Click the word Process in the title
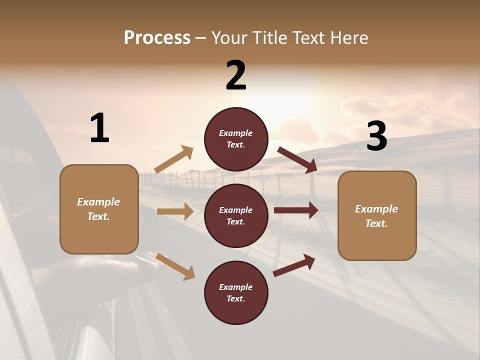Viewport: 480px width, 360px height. (x=157, y=38)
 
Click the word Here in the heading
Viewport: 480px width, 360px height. (x=347, y=38)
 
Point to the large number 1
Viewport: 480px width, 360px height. (x=99, y=128)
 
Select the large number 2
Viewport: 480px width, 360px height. (x=236, y=75)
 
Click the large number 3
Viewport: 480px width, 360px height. (x=376, y=136)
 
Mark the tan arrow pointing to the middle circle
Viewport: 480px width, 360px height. (x=175, y=211)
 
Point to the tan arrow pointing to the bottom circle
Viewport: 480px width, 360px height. (x=175, y=266)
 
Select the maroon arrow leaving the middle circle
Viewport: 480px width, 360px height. (x=296, y=210)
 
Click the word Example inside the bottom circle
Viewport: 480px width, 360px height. (x=236, y=287)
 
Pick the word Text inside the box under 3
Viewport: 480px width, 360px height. (x=376, y=223)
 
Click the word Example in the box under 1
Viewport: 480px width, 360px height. (x=98, y=202)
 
